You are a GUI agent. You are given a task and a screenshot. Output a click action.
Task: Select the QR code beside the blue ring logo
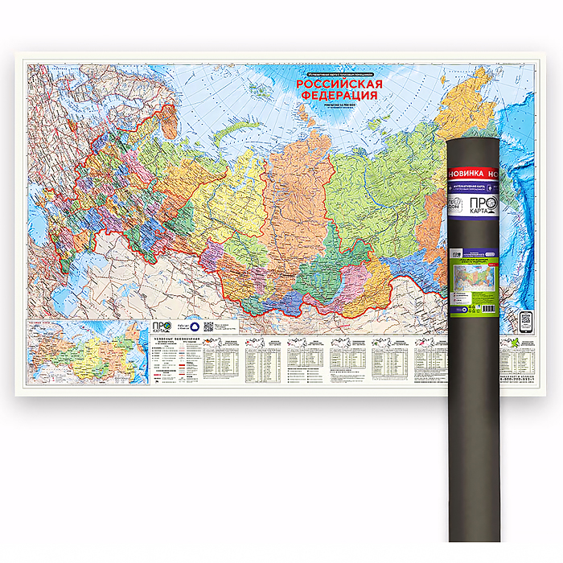(x=208, y=327)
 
